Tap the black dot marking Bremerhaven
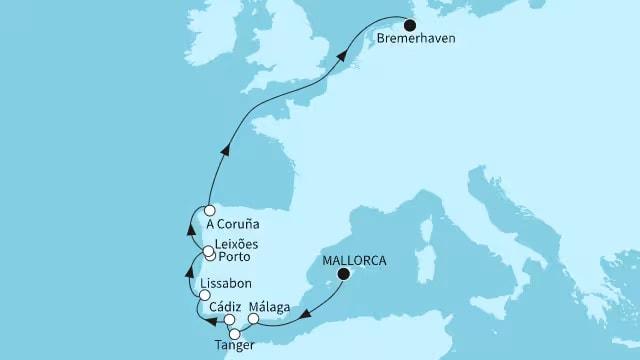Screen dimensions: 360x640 click(x=410, y=20)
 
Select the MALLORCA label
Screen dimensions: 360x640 click(x=350, y=256)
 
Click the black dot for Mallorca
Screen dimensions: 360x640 click(x=344, y=273)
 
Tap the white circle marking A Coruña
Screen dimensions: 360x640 click(x=209, y=211)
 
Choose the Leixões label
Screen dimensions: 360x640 click(x=241, y=246)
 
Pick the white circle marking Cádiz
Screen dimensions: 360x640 click(x=229, y=321)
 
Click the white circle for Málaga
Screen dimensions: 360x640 click(x=253, y=320)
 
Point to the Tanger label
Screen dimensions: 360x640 click(x=234, y=346)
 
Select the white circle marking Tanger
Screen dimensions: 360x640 click(x=235, y=334)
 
